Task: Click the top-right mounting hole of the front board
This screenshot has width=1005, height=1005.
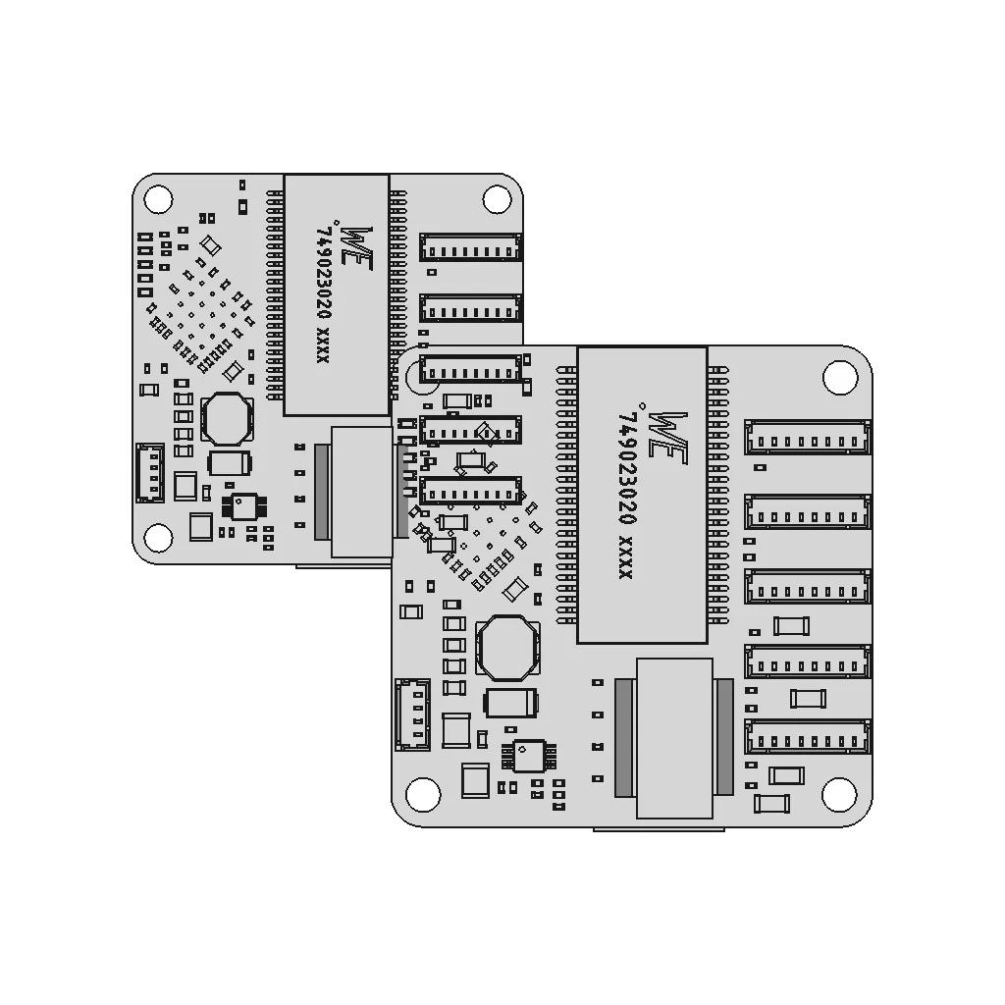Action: click(x=840, y=377)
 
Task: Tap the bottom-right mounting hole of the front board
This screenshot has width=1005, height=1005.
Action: click(x=840, y=793)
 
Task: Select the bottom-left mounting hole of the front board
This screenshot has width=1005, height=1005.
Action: click(x=423, y=793)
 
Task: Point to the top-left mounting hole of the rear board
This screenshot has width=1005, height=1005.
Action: click(x=158, y=198)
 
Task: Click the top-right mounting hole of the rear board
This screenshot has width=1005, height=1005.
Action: click(x=497, y=198)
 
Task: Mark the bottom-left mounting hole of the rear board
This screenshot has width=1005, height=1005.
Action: click(x=158, y=537)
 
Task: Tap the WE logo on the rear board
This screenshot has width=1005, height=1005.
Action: click(x=355, y=247)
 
